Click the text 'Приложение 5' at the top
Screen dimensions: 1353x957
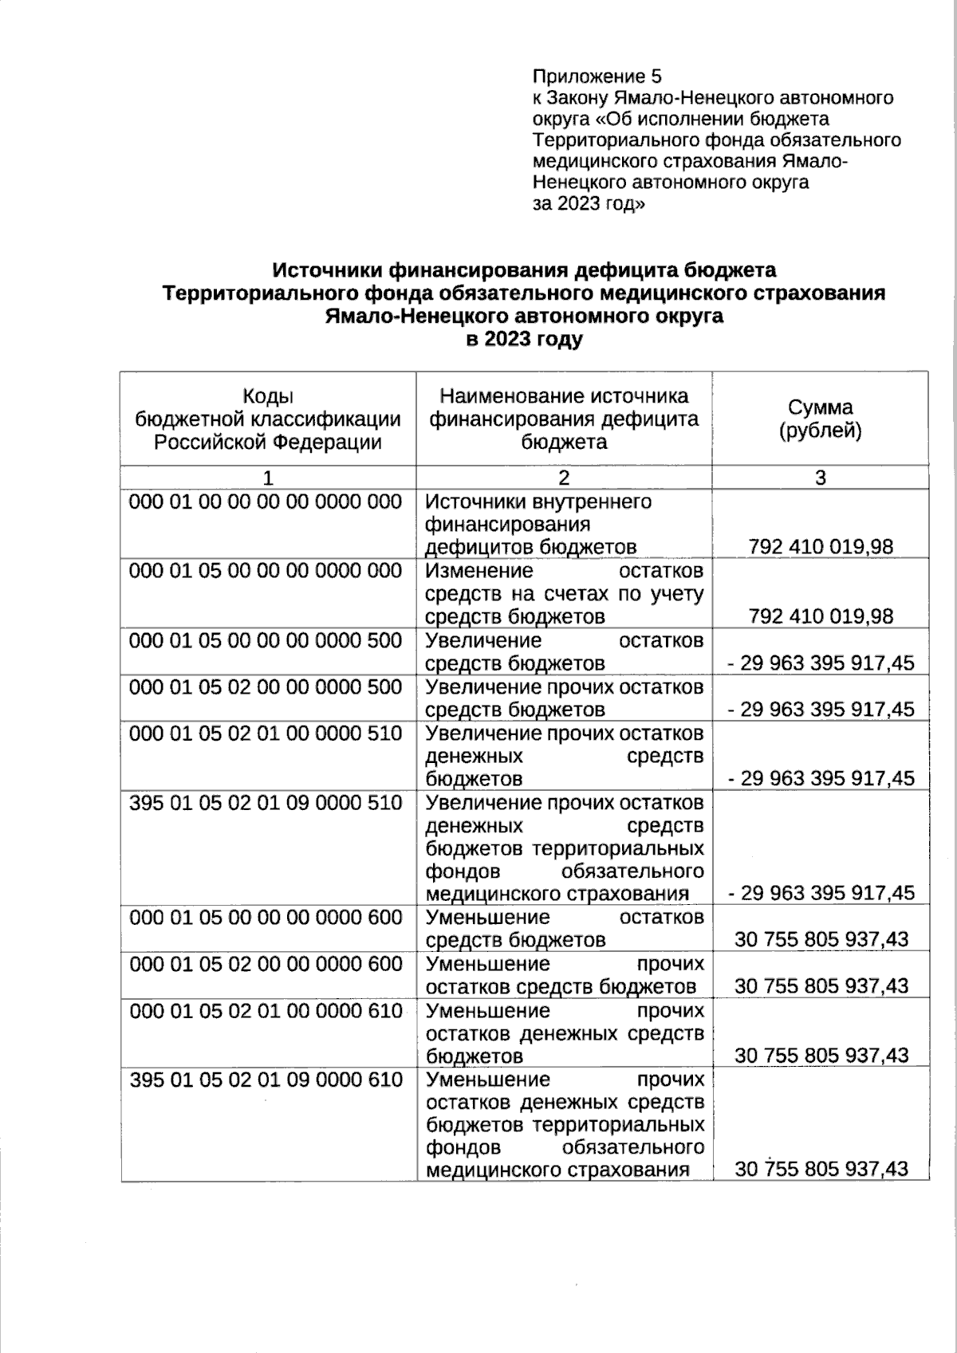coord(597,77)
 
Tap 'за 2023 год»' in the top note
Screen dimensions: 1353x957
coord(589,203)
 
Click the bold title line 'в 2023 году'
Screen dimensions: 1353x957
coord(524,339)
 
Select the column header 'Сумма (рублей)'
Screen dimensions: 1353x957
coord(820,419)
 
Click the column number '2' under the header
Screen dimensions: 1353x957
coord(564,478)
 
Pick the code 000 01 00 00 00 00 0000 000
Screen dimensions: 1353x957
coord(266,501)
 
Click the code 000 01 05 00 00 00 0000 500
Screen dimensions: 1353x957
coord(266,640)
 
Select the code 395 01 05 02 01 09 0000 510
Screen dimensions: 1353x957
coord(266,802)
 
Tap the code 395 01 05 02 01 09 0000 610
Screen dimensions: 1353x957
coord(266,1080)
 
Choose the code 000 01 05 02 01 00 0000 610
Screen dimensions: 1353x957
coord(266,1011)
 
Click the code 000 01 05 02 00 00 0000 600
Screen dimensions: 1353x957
coord(266,964)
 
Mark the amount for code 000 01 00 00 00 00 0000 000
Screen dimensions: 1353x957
coord(821,547)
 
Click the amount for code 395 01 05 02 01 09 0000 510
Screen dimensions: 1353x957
coord(821,893)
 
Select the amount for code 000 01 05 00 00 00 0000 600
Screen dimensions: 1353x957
coord(821,939)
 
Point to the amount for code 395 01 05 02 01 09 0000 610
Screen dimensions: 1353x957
coord(821,1169)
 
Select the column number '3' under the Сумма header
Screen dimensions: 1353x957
coord(820,478)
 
